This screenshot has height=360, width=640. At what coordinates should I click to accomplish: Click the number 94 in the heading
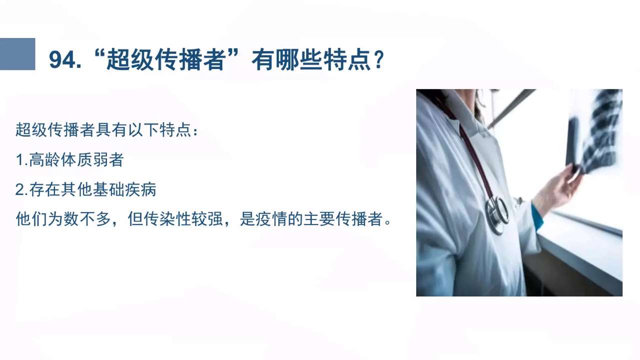[63, 60]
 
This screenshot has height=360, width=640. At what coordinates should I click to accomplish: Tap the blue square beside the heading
[17, 54]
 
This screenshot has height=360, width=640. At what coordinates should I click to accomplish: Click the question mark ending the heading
[379, 60]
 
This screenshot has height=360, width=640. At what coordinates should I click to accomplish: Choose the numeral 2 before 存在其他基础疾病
[19, 189]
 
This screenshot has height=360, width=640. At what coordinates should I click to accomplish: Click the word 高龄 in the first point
[44, 159]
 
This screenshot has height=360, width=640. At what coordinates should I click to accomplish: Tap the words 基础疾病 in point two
[124, 189]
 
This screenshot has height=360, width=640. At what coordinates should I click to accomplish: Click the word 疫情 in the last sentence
[271, 219]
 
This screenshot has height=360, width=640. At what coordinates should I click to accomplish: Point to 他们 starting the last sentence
[31, 219]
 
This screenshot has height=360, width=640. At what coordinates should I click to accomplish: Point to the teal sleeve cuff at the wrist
[537, 216]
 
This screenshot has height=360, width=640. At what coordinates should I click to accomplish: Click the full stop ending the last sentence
[388, 222]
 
